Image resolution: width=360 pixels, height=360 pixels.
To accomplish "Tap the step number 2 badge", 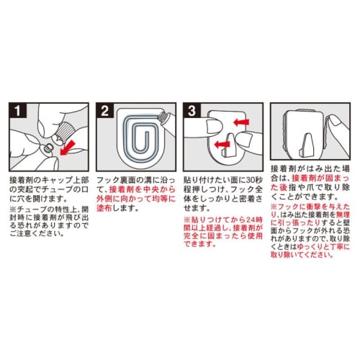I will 104,112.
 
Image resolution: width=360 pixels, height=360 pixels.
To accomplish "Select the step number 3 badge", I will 193,112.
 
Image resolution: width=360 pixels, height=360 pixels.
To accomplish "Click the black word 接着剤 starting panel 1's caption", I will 22,177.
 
